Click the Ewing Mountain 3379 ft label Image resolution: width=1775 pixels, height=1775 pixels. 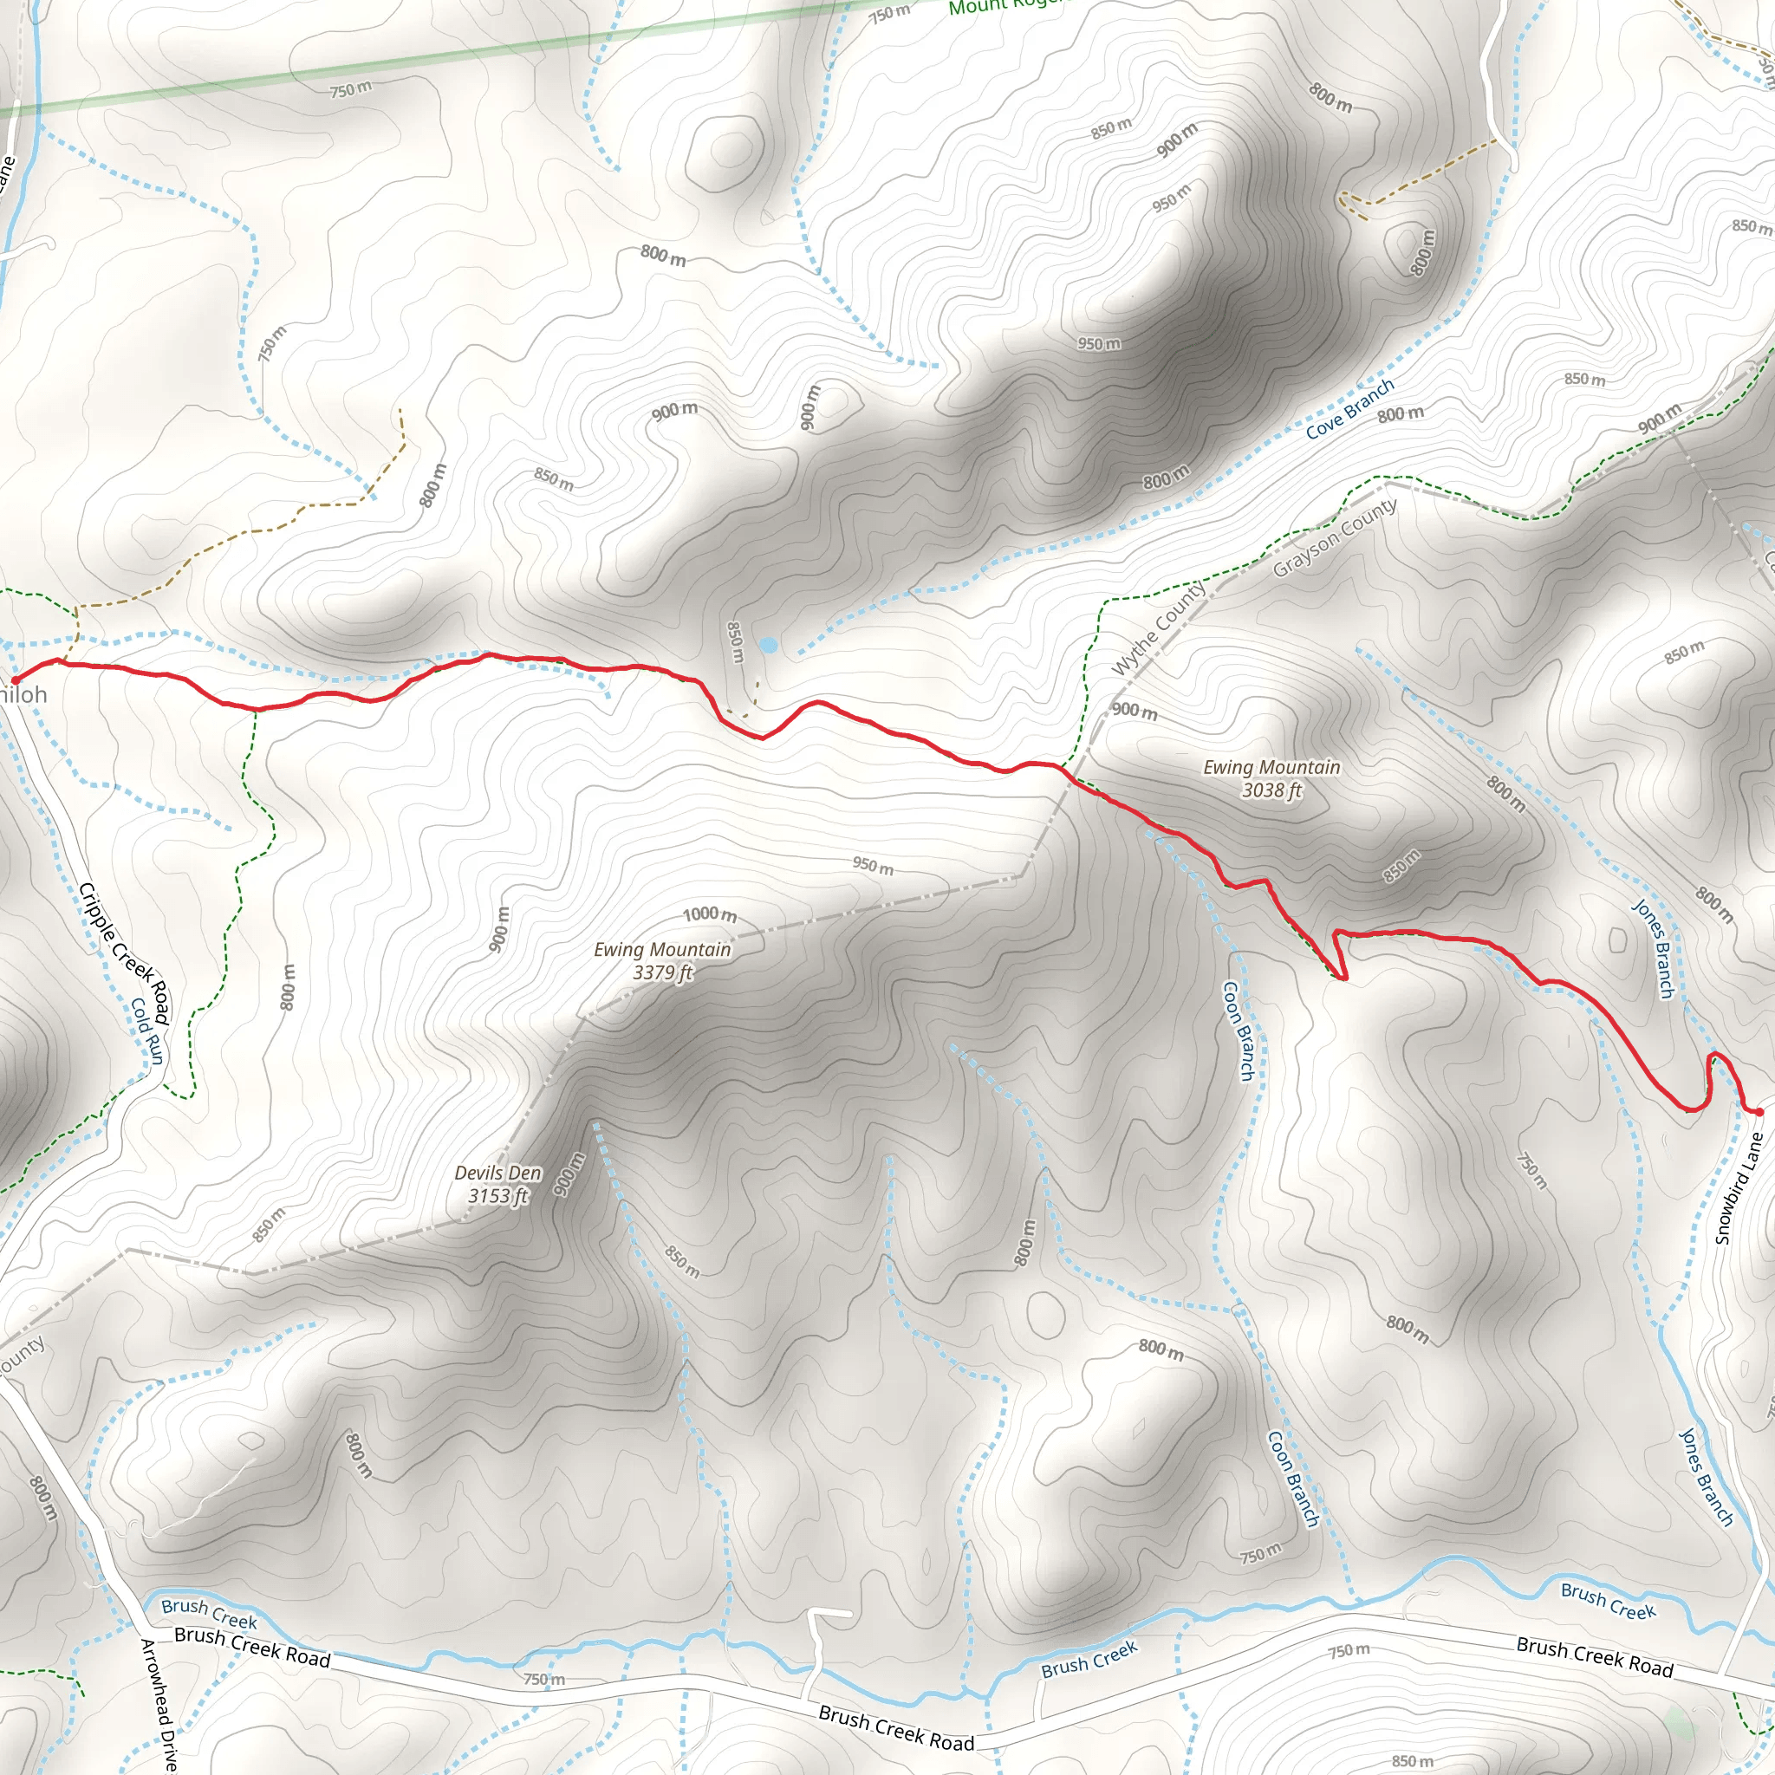[x=662, y=961]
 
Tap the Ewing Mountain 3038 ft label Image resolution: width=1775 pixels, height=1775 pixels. [x=1271, y=778]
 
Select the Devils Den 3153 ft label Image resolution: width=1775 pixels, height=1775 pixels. [x=498, y=1184]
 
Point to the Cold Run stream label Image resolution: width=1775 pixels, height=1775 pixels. [x=147, y=1031]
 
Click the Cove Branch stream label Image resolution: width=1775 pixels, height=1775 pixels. [x=1349, y=408]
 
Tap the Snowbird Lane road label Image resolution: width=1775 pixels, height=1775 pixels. [x=1739, y=1188]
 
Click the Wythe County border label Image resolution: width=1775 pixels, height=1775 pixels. [x=1160, y=629]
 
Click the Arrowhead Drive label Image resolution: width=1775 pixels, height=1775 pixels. [x=157, y=1704]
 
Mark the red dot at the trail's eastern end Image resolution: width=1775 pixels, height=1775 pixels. [x=1759, y=1112]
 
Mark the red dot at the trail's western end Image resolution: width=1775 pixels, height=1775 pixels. [x=15, y=679]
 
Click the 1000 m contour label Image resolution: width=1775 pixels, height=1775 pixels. [x=709, y=914]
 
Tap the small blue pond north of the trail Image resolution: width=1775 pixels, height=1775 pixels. [x=768, y=646]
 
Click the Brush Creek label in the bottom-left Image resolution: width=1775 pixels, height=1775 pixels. [x=209, y=1611]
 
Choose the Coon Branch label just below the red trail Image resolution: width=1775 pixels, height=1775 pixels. [x=1239, y=1030]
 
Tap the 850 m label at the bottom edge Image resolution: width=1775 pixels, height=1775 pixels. [x=1412, y=1761]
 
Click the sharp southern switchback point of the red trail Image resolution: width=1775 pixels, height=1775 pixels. [x=1344, y=979]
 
